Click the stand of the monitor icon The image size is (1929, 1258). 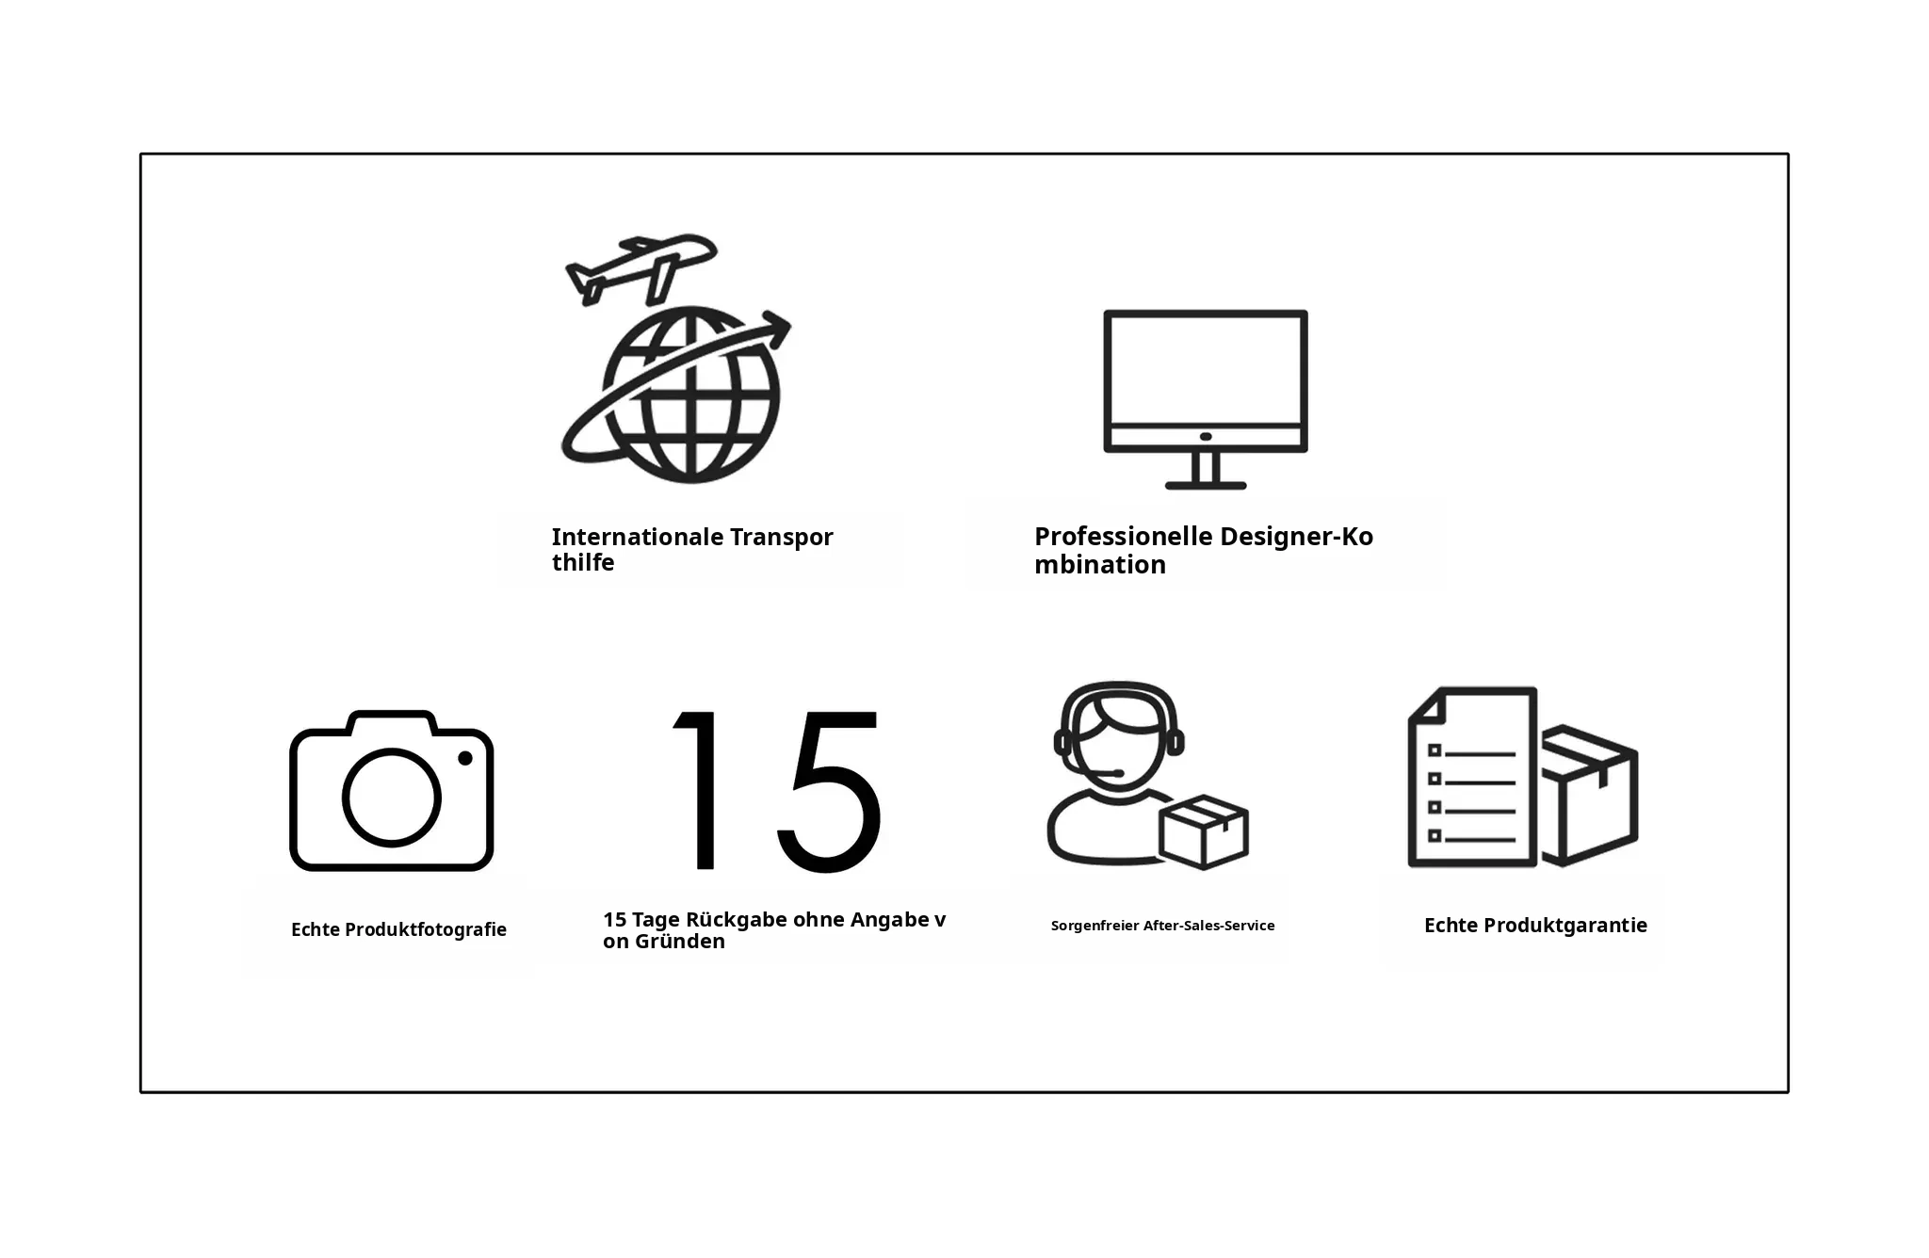pos(1206,472)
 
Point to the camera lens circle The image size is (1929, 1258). pos(391,798)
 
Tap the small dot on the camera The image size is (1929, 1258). pos(465,758)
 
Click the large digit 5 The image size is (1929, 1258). pos(829,791)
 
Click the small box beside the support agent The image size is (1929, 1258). pos(1204,832)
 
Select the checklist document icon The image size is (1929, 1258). pos(1472,777)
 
